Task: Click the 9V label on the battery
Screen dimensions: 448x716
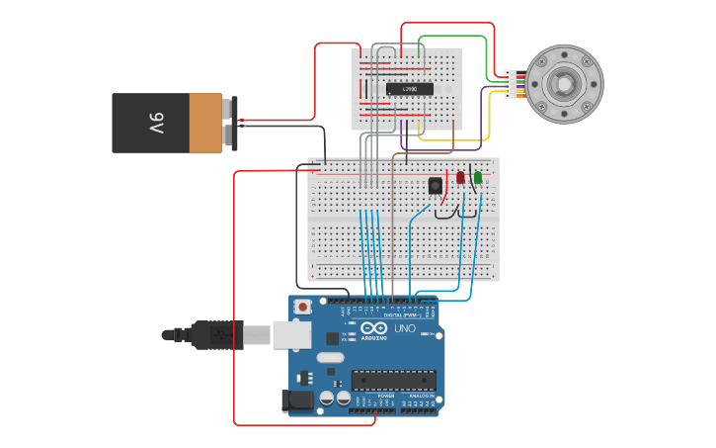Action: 156,124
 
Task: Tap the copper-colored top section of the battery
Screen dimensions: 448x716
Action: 205,124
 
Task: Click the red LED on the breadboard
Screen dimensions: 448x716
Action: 460,178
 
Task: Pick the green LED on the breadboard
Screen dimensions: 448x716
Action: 478,178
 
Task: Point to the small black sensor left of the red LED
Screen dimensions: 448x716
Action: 435,185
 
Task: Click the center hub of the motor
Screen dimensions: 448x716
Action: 563,84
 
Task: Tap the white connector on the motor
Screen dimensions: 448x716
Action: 511,84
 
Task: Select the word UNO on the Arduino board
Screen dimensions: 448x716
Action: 405,328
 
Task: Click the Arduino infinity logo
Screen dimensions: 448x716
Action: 374,327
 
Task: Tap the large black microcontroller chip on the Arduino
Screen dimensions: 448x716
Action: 393,381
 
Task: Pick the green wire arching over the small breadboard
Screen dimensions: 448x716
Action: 454,37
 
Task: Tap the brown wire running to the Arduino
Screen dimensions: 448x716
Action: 393,227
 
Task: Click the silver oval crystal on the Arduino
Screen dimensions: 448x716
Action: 331,357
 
